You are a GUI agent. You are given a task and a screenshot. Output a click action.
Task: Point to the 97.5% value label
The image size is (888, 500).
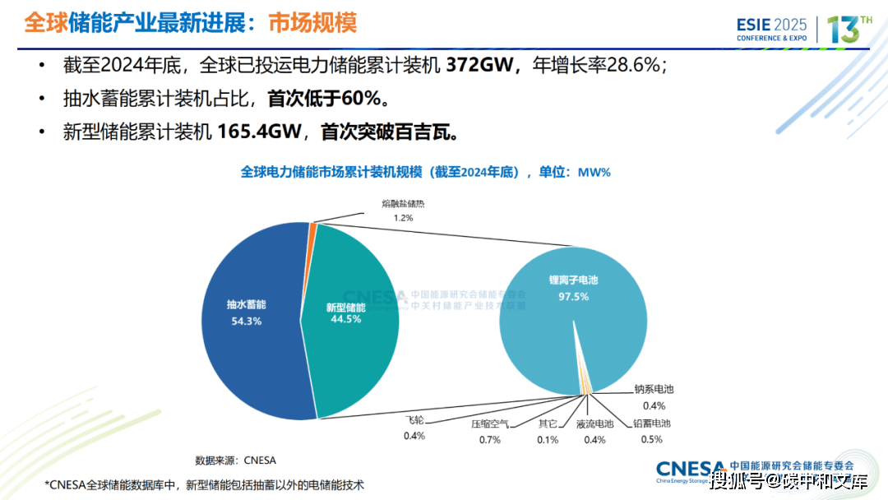click(573, 296)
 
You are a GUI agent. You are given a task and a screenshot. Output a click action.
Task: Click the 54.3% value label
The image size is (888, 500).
click(246, 321)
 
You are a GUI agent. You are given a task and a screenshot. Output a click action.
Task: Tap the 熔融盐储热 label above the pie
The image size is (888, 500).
click(403, 203)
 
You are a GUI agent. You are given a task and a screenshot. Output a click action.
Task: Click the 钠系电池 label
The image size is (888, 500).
click(654, 390)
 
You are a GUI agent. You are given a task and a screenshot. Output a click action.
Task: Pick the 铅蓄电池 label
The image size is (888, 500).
click(651, 424)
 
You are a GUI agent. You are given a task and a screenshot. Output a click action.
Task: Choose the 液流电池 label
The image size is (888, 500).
click(594, 424)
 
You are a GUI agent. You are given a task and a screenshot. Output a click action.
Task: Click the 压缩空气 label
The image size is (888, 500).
click(490, 424)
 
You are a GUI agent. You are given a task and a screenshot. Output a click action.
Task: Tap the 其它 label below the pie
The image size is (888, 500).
click(548, 424)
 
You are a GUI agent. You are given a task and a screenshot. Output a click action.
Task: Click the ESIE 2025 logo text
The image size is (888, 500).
click(772, 25)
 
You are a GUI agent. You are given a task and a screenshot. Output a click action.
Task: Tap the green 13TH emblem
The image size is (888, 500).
click(847, 29)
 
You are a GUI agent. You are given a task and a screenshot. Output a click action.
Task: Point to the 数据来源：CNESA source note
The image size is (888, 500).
click(235, 460)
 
